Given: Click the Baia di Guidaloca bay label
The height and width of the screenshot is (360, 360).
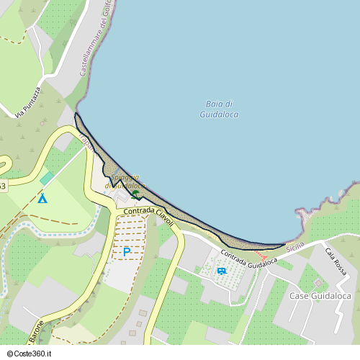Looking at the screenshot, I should tap(218, 109).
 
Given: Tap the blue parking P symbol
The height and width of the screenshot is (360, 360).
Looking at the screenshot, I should tap(127, 252).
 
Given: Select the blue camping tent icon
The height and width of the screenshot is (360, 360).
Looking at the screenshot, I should tap(42, 197).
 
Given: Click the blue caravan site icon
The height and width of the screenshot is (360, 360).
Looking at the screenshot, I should tap(221, 271).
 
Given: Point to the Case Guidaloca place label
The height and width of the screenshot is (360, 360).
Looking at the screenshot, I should tap(320, 296).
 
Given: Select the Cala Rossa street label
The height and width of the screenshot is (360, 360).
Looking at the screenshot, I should tap(336, 262).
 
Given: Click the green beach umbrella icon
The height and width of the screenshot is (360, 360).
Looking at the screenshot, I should tap(135, 193).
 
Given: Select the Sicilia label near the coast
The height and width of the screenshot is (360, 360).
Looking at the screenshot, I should tap(295, 247).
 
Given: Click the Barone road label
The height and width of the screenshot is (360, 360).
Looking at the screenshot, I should tap(35, 332).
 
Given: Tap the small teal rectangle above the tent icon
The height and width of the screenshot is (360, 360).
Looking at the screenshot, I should tap(47, 178).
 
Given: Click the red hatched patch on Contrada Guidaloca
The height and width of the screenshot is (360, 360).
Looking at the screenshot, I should tap(262, 255).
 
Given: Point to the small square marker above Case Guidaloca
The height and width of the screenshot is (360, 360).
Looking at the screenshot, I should tap(318, 282).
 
